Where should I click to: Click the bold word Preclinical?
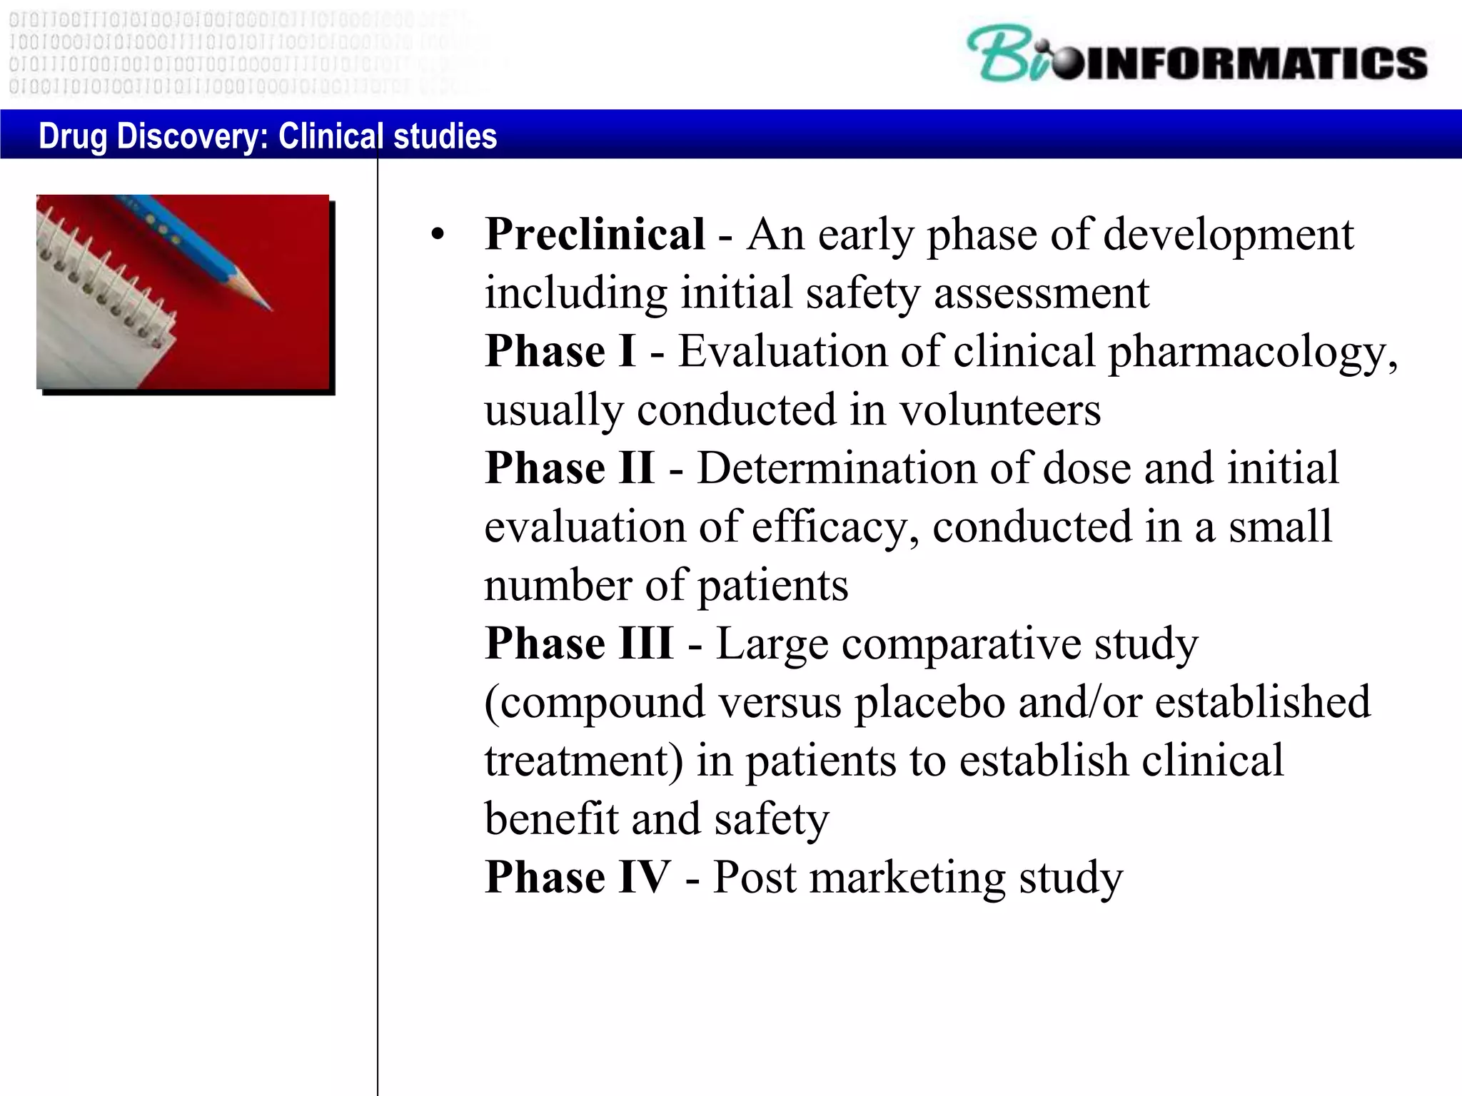tap(595, 235)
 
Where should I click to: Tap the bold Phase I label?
tap(560, 352)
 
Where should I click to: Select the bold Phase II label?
tap(570, 469)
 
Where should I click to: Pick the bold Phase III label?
tap(579, 644)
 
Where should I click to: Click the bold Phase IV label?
tap(578, 877)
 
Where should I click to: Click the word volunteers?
tap(999, 411)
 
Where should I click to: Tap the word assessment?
tap(1042, 293)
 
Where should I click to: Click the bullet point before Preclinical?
tap(438, 235)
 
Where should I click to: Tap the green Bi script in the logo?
tap(1007, 55)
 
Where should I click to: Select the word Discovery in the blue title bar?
tap(192, 136)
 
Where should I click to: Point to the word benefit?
tap(551, 819)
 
